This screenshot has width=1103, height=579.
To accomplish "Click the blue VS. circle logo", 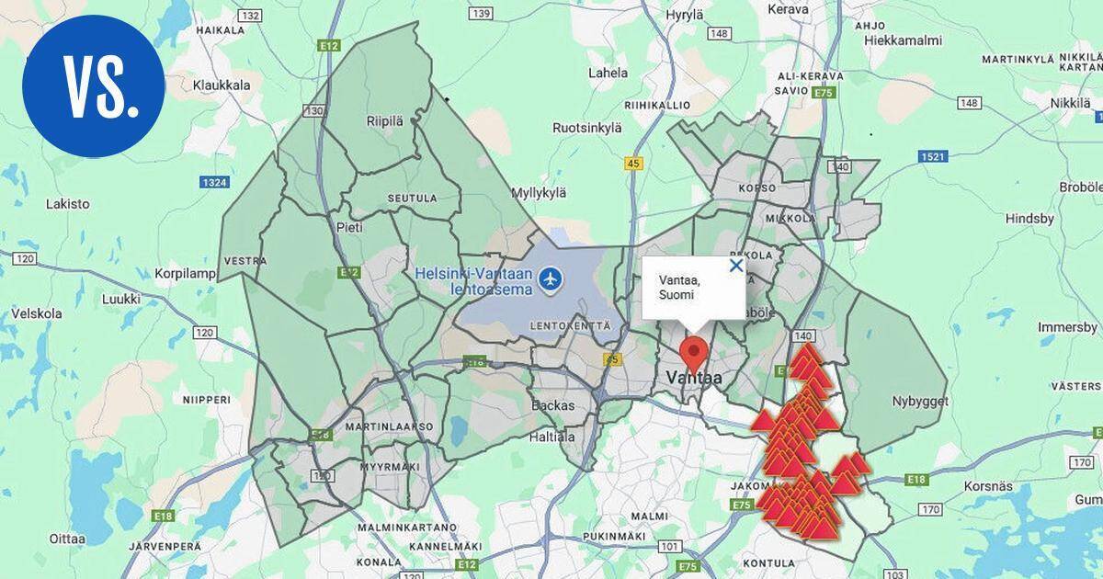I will (x=94, y=85).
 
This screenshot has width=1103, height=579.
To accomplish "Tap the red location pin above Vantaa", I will (x=693, y=353).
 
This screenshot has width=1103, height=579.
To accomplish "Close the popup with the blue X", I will (x=735, y=266).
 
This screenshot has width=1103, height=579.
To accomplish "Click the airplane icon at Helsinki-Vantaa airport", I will (x=551, y=278).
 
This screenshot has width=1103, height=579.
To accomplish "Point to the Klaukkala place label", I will (x=222, y=85).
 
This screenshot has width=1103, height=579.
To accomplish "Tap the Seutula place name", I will (x=412, y=198).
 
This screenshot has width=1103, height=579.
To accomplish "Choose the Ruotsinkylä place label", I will (x=587, y=129).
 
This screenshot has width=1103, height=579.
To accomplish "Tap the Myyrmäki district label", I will (x=391, y=467).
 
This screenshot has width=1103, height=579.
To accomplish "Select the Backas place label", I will (x=553, y=405).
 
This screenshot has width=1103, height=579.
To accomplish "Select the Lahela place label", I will (x=608, y=74).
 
